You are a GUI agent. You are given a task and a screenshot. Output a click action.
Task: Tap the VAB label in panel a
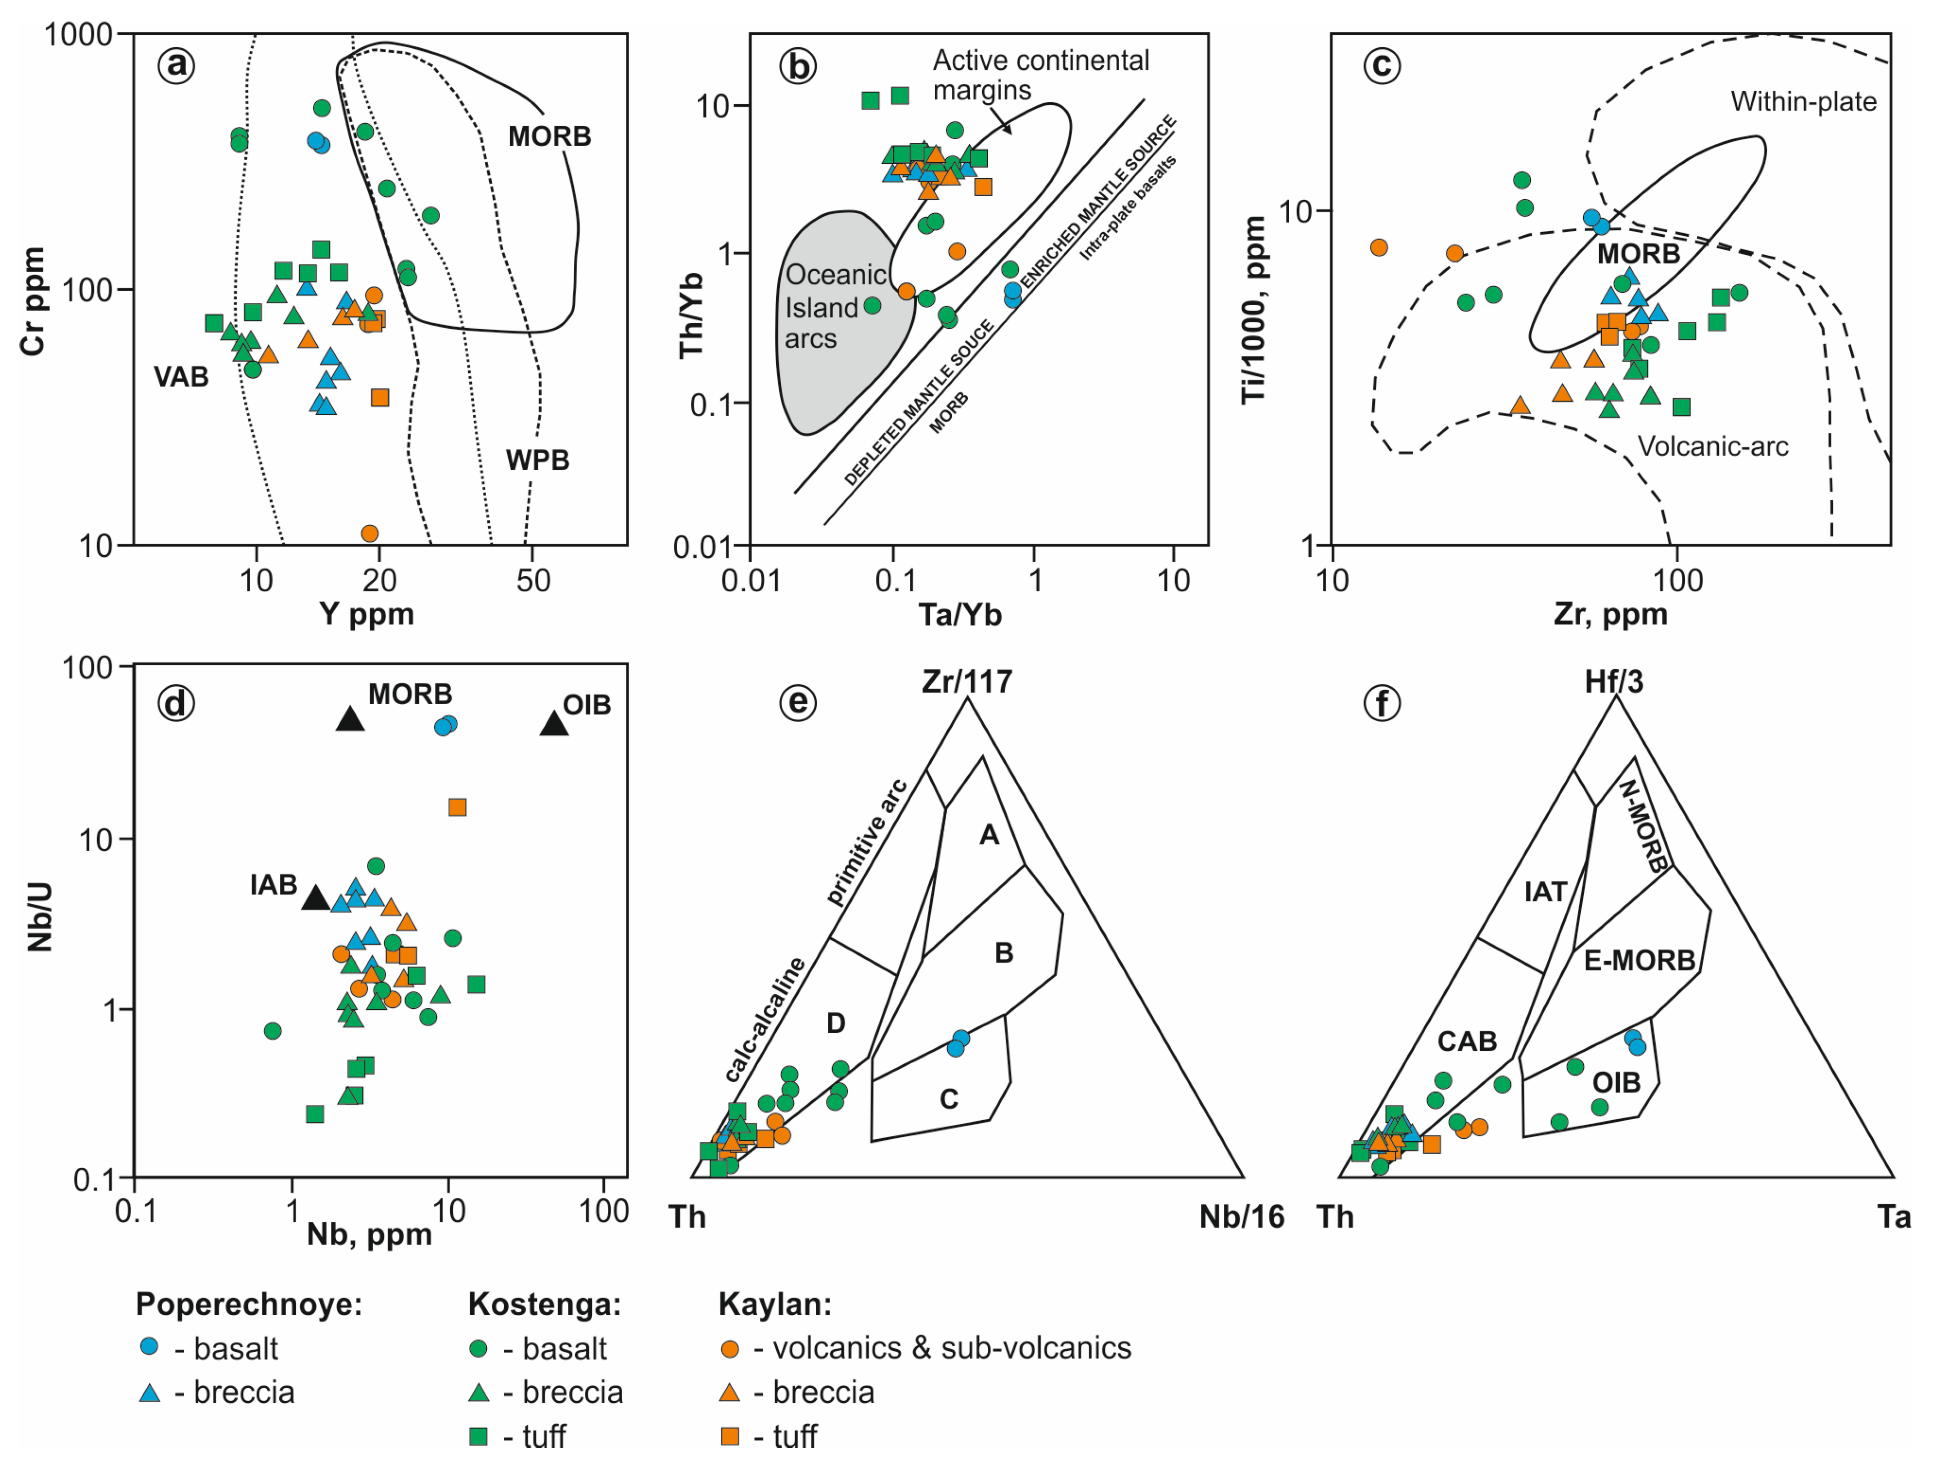[181, 378]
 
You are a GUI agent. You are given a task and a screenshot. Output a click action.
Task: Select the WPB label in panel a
[537, 460]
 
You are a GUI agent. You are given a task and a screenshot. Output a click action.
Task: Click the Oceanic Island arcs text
[835, 307]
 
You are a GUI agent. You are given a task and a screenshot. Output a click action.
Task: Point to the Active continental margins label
[1040, 74]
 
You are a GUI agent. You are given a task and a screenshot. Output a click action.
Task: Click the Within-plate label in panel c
[1803, 102]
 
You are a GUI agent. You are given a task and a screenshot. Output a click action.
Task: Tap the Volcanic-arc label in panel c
[1712, 447]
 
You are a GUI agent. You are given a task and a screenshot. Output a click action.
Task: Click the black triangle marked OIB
[553, 724]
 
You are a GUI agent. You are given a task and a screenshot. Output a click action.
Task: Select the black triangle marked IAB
[315, 898]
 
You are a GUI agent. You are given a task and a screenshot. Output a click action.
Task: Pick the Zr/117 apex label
[967, 682]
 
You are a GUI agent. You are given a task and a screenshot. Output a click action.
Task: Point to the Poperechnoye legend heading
[248, 1304]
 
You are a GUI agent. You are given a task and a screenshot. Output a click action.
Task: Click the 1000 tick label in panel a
[79, 35]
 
